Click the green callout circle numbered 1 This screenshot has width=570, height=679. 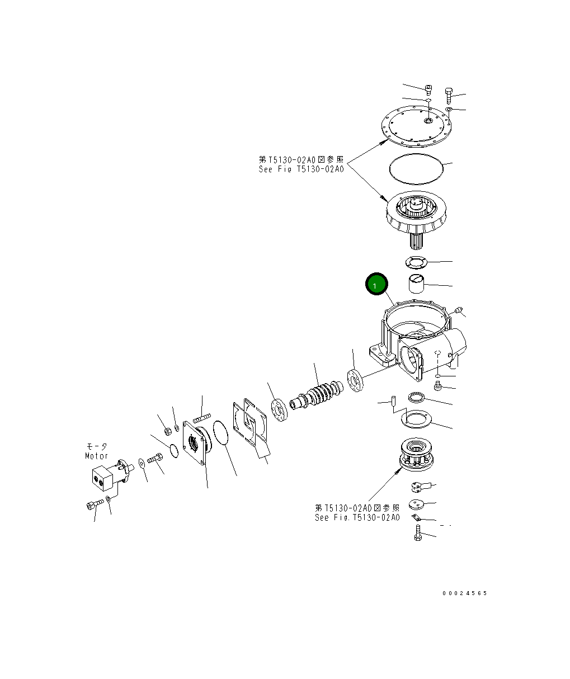pos(376,285)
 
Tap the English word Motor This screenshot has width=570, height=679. pos(96,456)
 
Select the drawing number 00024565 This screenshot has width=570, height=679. pos(464,593)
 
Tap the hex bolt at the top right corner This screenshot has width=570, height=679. pos(449,92)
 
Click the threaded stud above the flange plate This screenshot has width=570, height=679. pos(202,417)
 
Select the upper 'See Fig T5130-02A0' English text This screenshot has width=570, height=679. pos(301,169)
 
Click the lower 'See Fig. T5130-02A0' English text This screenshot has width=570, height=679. pos(357,517)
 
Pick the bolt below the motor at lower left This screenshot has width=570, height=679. pos(93,505)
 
